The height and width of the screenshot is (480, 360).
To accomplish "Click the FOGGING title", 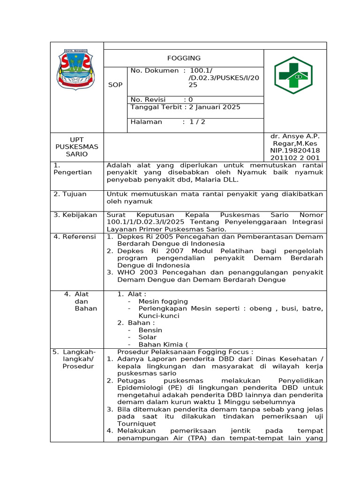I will click(184, 58).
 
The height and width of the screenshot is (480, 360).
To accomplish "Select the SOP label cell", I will click(115, 85).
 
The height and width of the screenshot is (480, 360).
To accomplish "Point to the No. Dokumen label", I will click(154, 70).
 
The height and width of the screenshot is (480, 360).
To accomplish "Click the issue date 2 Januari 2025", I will click(215, 107).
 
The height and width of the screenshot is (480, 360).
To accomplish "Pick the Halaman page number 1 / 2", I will click(197, 122).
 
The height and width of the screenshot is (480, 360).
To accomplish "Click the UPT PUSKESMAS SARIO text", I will click(77, 147).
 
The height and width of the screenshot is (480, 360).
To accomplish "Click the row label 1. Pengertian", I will click(72, 169).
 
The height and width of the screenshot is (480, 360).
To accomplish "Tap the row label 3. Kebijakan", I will click(75, 215).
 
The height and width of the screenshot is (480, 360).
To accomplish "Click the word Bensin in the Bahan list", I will click(150, 330).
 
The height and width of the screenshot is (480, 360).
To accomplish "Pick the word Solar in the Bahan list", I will click(148, 337).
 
